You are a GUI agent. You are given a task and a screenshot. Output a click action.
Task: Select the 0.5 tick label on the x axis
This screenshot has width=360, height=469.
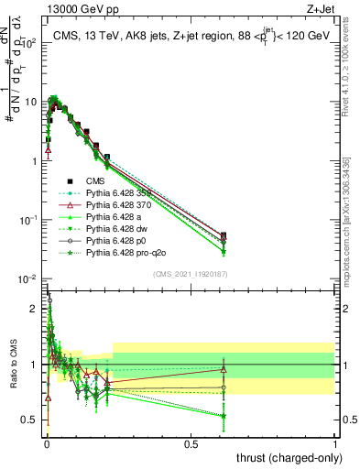click(190, 442)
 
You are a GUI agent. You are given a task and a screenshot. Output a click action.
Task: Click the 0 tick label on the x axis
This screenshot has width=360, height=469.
click(46, 442)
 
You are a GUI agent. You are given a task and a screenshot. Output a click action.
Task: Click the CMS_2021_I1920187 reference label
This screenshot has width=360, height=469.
click(190, 274)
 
